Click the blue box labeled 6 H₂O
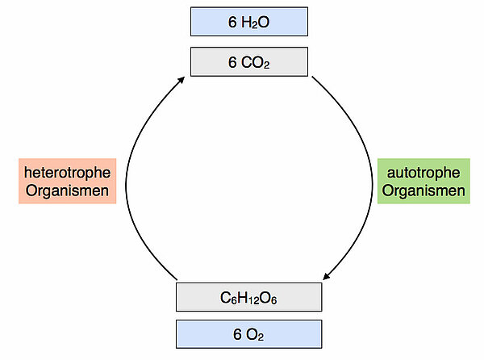248,22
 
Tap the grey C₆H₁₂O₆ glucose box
248,298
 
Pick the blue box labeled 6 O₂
248,333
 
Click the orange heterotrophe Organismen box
66,181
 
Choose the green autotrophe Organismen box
423,181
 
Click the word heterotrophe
66,172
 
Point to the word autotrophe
423,172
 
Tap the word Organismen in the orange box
66,190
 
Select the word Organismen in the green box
423,190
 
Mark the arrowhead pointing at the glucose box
327,277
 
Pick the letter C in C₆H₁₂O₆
225,298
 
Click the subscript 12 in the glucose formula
251,301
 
